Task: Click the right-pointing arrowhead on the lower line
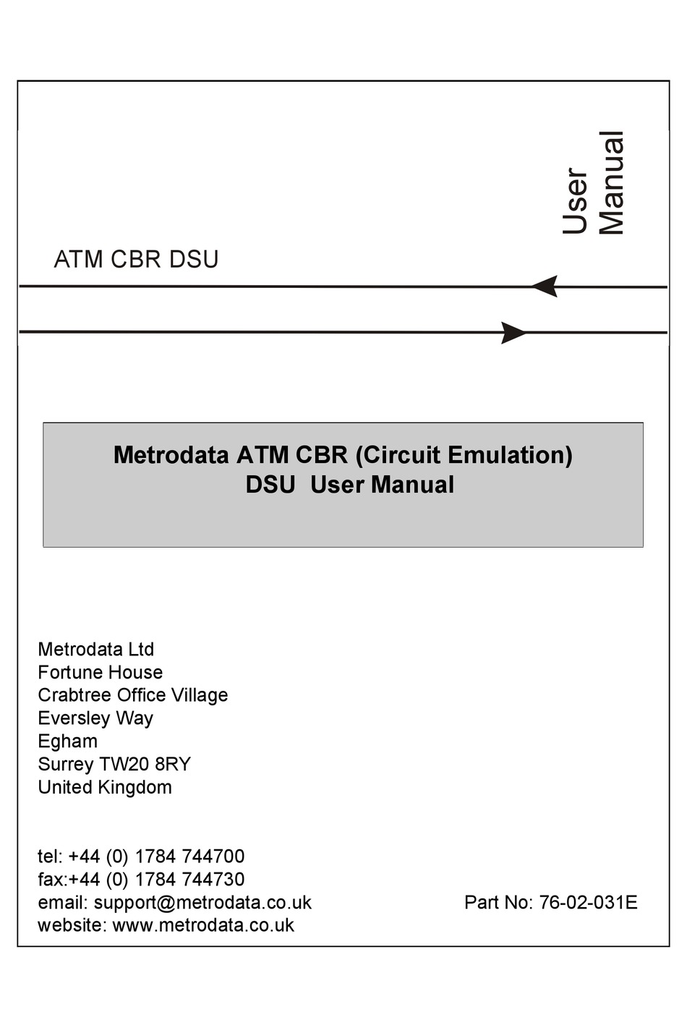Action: [x=514, y=333]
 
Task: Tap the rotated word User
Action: [x=576, y=201]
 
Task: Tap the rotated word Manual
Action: [x=612, y=183]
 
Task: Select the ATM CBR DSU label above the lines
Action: [x=136, y=259]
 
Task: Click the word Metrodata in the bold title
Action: [x=171, y=455]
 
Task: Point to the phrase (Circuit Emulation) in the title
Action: [x=464, y=455]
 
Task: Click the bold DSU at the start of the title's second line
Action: [x=270, y=485]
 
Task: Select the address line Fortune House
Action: [x=100, y=672]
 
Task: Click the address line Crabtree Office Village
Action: [x=132, y=695]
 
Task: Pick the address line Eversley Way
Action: [x=95, y=718]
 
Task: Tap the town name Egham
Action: [x=67, y=742]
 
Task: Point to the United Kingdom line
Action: [x=105, y=787]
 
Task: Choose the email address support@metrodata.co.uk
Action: [x=202, y=903]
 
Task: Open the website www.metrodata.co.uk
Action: [x=203, y=925]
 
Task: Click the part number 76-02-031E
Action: [x=588, y=903]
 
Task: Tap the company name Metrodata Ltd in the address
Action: [x=95, y=649]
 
